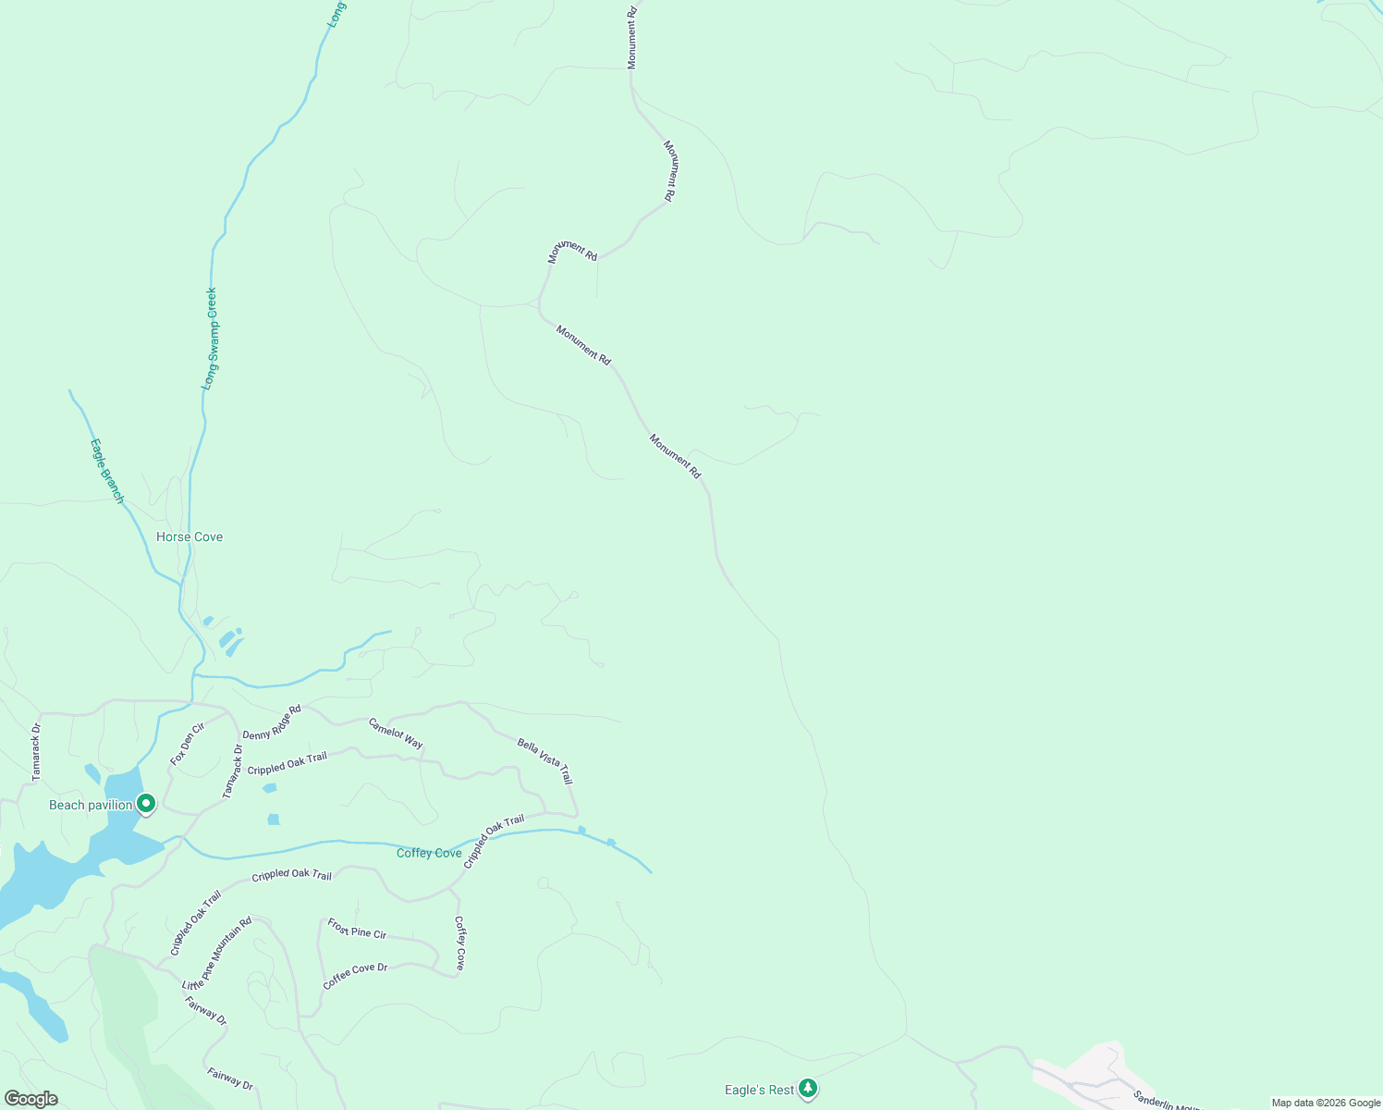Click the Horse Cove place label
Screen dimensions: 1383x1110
tap(190, 536)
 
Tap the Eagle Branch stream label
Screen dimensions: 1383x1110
tap(107, 471)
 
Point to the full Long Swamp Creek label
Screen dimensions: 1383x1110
tap(211, 339)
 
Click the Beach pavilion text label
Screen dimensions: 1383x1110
tap(91, 805)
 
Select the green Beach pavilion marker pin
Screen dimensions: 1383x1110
tap(145, 804)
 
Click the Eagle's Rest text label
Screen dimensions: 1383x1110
tap(759, 1090)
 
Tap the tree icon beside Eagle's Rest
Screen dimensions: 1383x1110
tap(808, 1089)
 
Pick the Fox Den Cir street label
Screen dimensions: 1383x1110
tap(187, 744)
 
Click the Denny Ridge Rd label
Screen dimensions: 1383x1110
tap(272, 722)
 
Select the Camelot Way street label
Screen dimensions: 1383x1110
tap(396, 733)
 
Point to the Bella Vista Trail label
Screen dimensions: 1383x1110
tap(545, 760)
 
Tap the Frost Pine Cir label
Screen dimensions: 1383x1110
tap(357, 928)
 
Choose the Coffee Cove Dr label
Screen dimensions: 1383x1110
tap(355, 976)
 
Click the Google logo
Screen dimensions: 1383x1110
tap(31, 1099)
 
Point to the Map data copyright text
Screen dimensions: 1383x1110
tap(1325, 1103)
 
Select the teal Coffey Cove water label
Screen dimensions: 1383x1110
tap(429, 853)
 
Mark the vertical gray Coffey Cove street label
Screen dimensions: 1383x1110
tap(459, 943)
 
